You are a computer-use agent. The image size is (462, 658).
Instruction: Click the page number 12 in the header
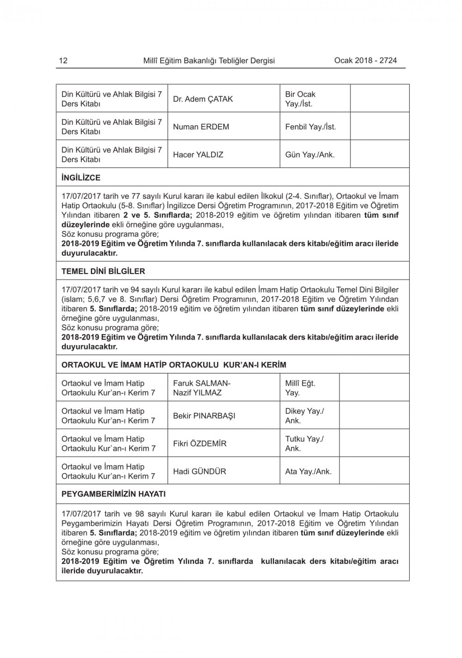click(x=63, y=61)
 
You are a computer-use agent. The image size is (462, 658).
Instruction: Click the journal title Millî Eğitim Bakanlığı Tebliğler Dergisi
click(x=209, y=61)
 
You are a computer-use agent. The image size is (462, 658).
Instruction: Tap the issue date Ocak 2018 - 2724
click(x=365, y=60)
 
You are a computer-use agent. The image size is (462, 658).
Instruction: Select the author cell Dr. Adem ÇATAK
click(x=203, y=99)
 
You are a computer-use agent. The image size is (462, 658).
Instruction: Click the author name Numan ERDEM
click(x=201, y=127)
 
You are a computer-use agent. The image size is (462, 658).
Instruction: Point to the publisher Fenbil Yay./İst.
click(x=310, y=127)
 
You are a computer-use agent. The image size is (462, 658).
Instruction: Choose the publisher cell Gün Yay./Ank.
click(x=310, y=155)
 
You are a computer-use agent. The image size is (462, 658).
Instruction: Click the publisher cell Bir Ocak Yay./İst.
click(x=300, y=99)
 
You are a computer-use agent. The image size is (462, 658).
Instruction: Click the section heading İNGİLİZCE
click(x=81, y=177)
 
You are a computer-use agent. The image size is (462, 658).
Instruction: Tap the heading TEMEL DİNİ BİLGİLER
click(x=103, y=271)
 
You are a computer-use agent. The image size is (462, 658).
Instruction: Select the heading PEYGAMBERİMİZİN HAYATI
click(x=113, y=494)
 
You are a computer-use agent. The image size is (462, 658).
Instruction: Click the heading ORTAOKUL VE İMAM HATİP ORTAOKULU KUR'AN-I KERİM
click(x=174, y=365)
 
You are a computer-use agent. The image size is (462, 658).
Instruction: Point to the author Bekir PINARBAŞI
click(x=204, y=416)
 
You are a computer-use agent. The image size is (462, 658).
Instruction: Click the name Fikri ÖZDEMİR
click(x=200, y=444)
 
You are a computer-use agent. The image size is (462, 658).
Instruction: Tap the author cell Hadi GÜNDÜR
click(x=200, y=472)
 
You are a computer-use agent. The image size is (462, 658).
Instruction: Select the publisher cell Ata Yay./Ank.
click(x=308, y=472)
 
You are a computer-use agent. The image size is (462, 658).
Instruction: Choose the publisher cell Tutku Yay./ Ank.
click(x=304, y=444)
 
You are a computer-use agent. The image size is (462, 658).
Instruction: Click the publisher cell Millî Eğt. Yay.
click(x=300, y=388)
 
